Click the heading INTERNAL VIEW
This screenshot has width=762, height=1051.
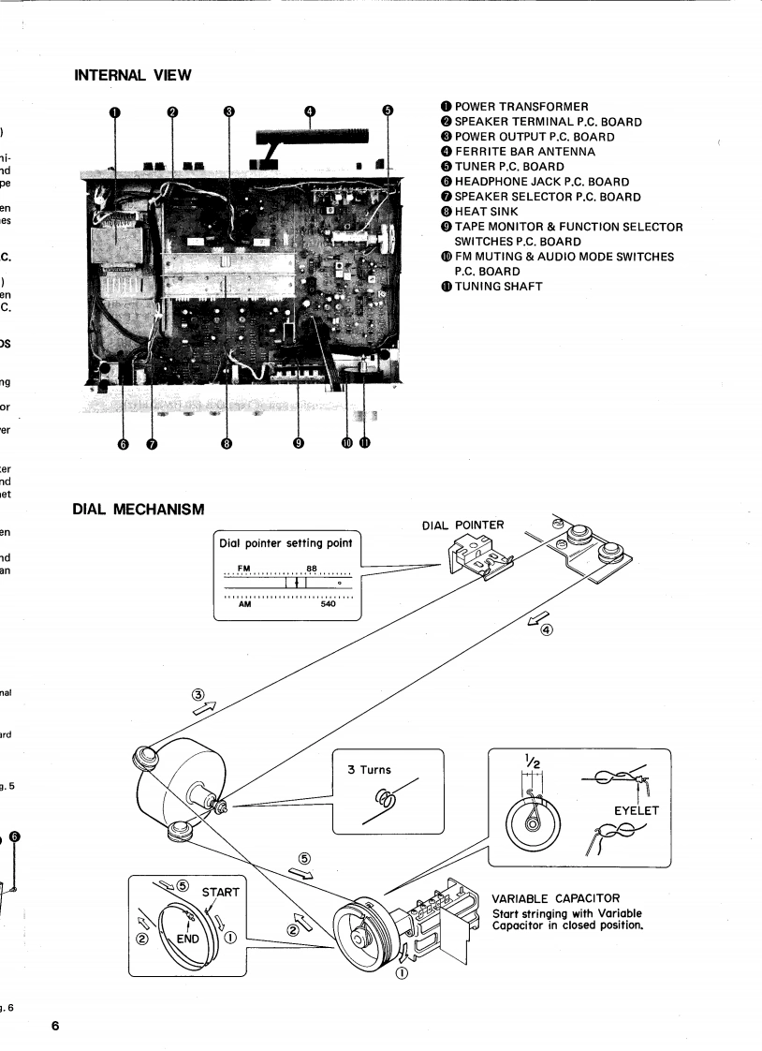[x=132, y=72]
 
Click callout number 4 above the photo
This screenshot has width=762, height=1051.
[x=310, y=111]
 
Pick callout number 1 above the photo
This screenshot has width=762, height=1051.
[x=114, y=111]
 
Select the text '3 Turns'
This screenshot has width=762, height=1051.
[x=370, y=769]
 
